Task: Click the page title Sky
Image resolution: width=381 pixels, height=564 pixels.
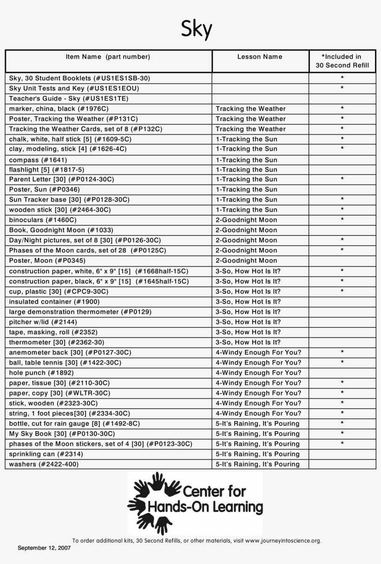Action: tap(196, 29)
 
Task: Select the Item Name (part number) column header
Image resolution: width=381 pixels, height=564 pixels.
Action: tap(108, 57)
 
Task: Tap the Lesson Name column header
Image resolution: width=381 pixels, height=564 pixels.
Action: tap(260, 57)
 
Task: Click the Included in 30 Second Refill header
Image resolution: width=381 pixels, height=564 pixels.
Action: tap(342, 61)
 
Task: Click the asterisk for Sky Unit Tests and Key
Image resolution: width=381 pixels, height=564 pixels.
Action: tap(342, 88)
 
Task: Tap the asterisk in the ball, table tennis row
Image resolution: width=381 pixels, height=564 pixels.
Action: tap(342, 363)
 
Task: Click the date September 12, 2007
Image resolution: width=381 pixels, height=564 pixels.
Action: tap(44, 548)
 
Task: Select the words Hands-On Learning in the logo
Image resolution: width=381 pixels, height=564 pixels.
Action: tap(205, 507)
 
